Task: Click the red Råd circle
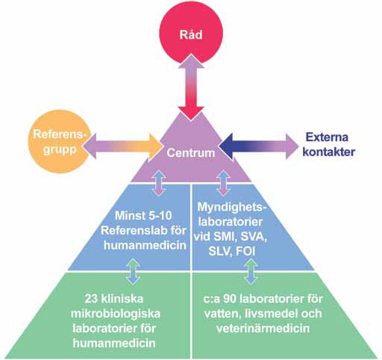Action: [191, 34]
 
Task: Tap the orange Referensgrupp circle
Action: [59, 142]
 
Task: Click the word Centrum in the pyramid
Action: [191, 153]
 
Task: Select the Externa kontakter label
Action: [328, 145]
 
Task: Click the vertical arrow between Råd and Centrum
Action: [191, 87]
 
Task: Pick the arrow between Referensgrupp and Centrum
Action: [122, 147]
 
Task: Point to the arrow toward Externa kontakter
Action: [258, 146]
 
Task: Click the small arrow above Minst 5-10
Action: [159, 183]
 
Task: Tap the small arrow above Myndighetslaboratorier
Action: [223, 183]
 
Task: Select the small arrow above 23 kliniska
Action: [133, 271]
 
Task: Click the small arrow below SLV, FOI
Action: [251, 271]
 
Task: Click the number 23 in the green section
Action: [91, 299]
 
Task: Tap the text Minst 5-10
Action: [143, 216]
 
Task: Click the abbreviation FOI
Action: [245, 252]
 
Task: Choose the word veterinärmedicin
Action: [263, 328]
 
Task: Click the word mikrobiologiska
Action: [116, 314]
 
